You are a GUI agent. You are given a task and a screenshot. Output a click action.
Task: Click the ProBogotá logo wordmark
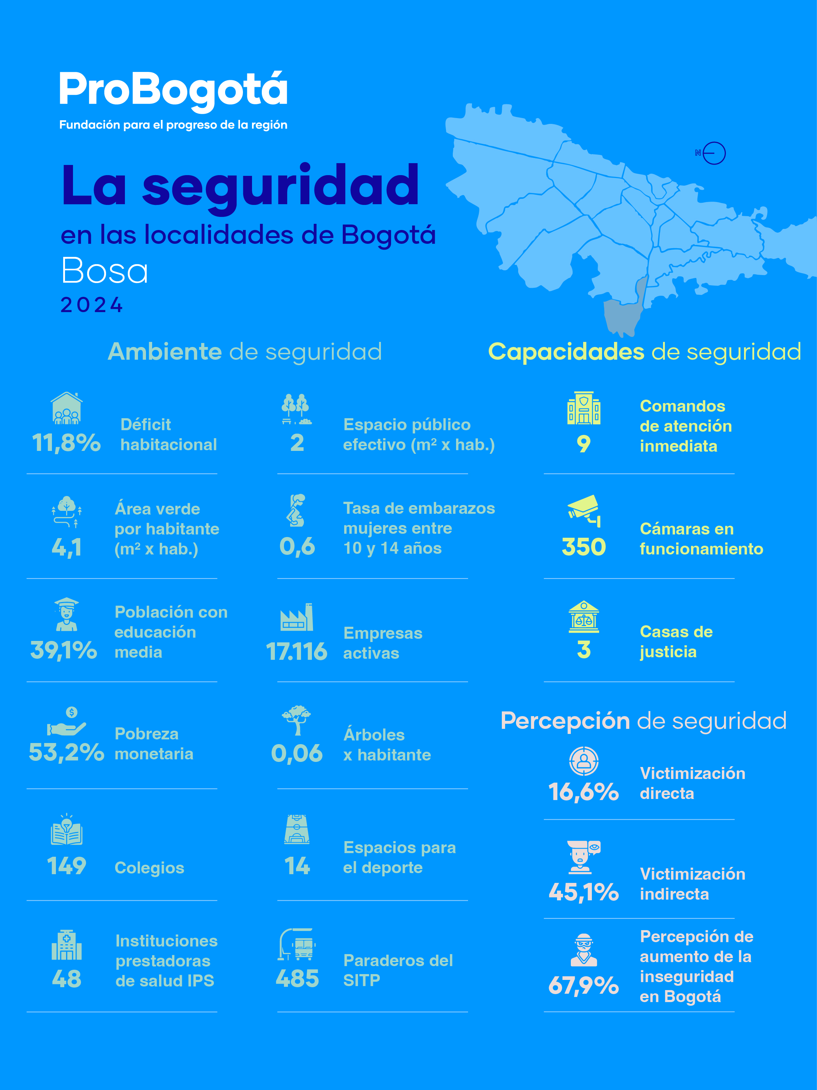173,90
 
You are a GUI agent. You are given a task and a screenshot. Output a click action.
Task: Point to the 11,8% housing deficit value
66,443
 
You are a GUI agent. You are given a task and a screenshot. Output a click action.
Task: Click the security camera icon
584,510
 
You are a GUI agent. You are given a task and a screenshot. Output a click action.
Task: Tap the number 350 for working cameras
584,547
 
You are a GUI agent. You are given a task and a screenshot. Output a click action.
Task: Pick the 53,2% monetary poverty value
66,752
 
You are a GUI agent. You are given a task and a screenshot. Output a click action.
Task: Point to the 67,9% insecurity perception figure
584,985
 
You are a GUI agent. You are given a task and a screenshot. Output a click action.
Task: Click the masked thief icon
584,949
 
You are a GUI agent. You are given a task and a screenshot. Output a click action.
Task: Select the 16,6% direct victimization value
584,792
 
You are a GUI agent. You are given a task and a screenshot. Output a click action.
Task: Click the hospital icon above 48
66,945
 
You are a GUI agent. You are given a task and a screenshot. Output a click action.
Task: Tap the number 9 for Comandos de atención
584,444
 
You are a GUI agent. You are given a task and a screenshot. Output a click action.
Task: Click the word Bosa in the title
105,271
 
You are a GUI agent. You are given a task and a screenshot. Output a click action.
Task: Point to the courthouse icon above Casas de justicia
584,617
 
